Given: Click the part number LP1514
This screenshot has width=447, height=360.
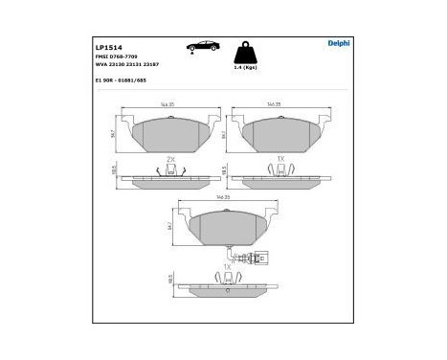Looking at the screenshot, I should (x=107, y=45).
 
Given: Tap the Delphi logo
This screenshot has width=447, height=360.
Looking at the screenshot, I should (x=340, y=43).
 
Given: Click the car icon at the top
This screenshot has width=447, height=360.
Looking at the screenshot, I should (x=204, y=45).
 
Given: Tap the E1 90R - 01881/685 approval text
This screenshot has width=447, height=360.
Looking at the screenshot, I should (x=125, y=82).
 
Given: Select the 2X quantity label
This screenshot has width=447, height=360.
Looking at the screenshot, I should (x=169, y=157).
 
